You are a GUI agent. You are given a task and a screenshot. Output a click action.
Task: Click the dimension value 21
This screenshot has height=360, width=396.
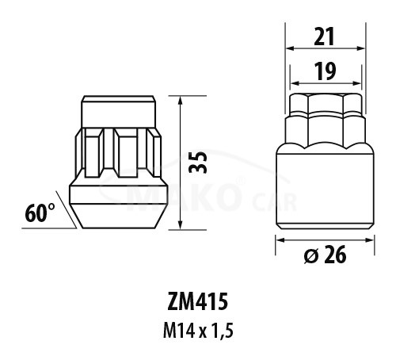(325, 36)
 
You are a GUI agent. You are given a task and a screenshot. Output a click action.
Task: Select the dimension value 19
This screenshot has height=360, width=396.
(326, 71)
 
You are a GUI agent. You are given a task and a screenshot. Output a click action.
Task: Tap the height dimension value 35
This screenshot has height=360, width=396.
(198, 162)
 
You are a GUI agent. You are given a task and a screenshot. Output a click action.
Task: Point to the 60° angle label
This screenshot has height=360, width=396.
(40, 213)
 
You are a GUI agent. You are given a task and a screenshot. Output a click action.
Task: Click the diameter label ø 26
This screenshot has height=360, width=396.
(325, 255)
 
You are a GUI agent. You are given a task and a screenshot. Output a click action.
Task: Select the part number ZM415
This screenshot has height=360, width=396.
(197, 302)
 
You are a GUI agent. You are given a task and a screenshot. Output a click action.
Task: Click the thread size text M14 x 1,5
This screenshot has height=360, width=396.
(198, 331)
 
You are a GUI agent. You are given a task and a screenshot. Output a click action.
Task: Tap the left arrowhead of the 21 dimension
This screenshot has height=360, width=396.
(290, 48)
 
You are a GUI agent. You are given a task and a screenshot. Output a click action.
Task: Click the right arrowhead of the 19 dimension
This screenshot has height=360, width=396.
(357, 83)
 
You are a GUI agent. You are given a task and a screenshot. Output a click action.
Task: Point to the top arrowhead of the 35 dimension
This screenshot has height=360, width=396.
(181, 100)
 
